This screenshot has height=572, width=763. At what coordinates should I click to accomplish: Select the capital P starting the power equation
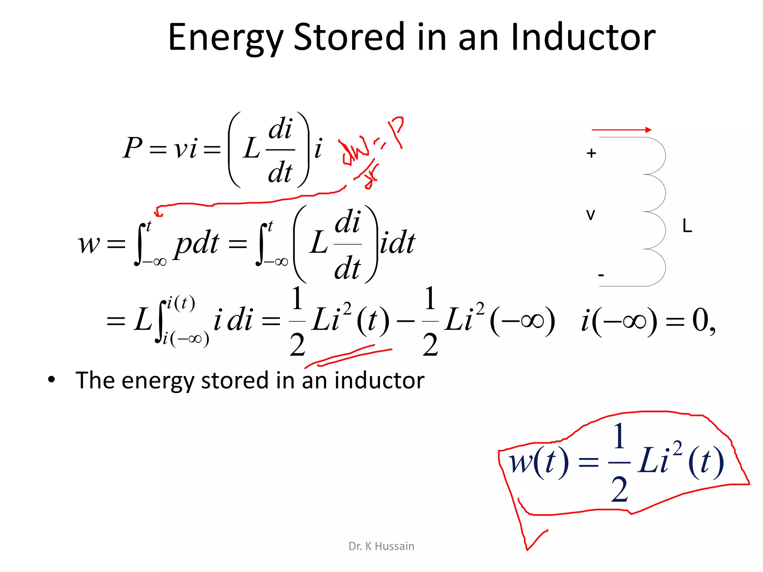click(133, 148)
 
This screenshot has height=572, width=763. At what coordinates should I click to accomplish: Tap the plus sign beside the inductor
click(591, 153)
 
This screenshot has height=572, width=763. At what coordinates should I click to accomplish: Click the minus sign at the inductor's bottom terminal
click(601, 275)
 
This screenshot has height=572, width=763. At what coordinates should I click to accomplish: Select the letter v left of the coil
click(591, 215)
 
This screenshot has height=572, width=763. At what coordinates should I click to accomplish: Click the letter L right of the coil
click(687, 226)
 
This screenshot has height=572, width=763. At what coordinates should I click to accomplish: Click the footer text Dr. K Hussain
click(381, 546)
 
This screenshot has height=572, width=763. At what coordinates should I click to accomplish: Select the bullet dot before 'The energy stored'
click(51, 380)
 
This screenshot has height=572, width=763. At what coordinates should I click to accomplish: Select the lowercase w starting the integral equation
click(89, 244)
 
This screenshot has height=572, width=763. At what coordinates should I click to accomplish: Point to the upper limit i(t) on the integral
click(181, 303)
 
